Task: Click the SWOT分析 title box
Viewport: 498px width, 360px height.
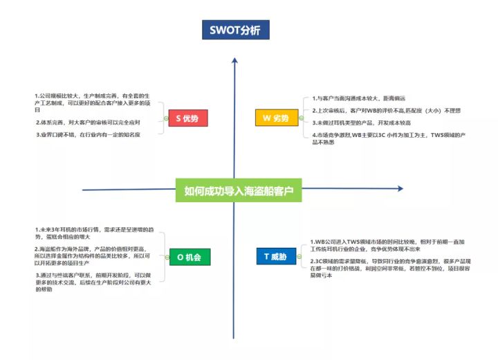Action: pyautogui.click(x=235, y=30)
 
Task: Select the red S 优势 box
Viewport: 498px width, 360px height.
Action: pyautogui.click(x=187, y=119)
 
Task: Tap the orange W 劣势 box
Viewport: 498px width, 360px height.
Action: pyautogui.click(x=276, y=119)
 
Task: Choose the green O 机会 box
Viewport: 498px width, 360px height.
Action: pyautogui.click(x=189, y=257)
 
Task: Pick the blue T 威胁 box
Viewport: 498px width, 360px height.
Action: pyautogui.click(x=275, y=257)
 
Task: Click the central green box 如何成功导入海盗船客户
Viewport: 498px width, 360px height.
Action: pyautogui.click(x=239, y=190)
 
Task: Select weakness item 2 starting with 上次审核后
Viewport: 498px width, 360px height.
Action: pyautogui.click(x=385, y=111)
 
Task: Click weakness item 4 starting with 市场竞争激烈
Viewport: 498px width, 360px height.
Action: pyautogui.click(x=387, y=138)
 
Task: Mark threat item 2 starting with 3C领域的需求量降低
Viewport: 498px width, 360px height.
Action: pyautogui.click(x=387, y=267)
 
